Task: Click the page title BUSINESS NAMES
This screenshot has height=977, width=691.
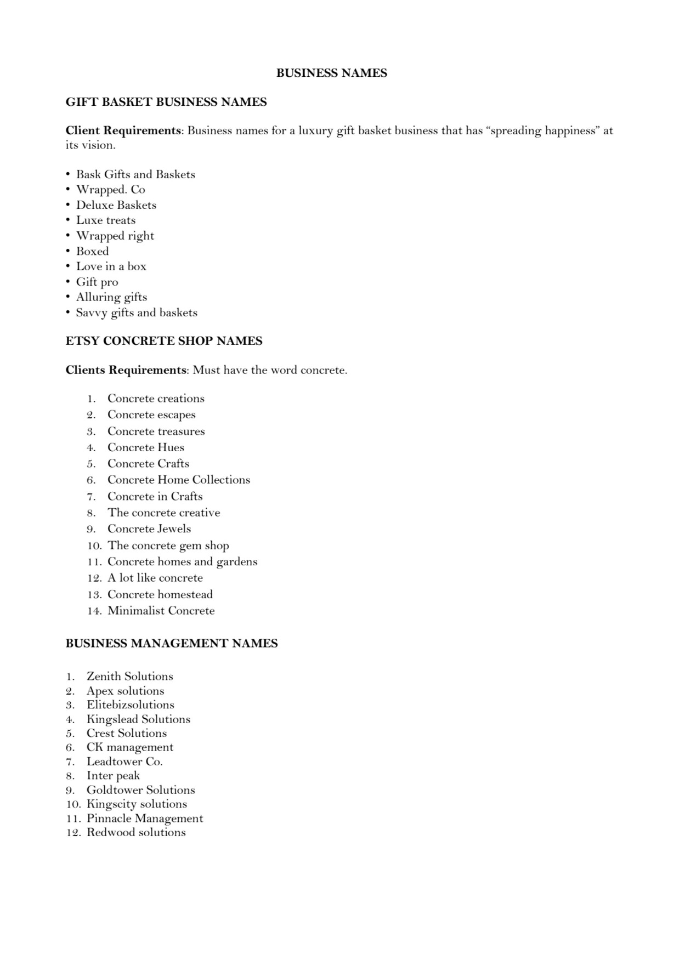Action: coord(331,73)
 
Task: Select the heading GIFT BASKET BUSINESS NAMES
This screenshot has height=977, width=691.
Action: coord(166,102)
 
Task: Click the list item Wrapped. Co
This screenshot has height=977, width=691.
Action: coord(110,190)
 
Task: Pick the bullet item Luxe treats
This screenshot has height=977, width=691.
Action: coord(105,220)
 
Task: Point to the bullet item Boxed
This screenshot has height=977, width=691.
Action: coord(92,251)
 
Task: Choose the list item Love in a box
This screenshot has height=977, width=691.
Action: coord(111,266)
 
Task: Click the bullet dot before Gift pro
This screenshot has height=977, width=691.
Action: coord(67,282)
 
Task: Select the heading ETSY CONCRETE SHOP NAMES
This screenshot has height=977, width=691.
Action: coord(163,341)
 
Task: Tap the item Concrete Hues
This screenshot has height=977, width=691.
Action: coord(145,447)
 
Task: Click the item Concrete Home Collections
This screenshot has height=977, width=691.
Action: coord(178,480)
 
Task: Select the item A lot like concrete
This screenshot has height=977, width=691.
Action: coord(155,578)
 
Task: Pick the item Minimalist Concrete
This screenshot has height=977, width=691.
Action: coord(161,611)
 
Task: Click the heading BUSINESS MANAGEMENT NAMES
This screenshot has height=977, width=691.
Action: coord(171,643)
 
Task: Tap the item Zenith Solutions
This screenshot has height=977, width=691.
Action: coord(129,677)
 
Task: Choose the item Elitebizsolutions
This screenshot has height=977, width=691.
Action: coord(130,705)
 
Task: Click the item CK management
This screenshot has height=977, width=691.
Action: coord(129,747)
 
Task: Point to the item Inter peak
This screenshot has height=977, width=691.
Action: coord(113,776)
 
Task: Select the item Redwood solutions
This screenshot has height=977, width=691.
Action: coord(136,832)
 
